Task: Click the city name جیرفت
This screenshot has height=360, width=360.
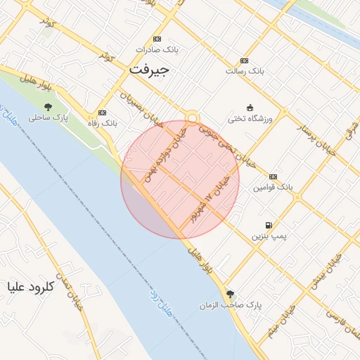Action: [149, 71]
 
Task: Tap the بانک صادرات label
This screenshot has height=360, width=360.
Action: [157, 50]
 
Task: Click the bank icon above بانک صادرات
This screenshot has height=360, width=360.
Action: [157, 39]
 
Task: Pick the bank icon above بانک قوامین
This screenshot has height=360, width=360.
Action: [274, 176]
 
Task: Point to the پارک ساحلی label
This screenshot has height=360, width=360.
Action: [47, 118]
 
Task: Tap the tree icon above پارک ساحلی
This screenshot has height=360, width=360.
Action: [47, 107]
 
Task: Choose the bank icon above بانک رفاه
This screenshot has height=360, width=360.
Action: [103, 112]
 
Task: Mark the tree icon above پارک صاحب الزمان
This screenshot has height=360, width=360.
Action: [230, 294]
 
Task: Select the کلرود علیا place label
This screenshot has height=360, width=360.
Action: [29, 287]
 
